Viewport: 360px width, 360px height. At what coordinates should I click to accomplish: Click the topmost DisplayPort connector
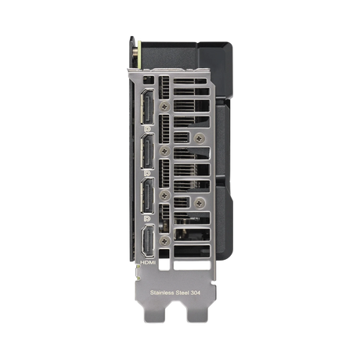tap(147, 106)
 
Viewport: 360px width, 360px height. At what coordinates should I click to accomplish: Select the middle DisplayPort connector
tap(147, 151)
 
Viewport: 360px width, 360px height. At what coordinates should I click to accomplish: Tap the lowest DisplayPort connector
tap(147, 196)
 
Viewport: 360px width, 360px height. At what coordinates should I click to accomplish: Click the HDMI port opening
tap(148, 240)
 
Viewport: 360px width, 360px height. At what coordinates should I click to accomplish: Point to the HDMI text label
tap(148, 262)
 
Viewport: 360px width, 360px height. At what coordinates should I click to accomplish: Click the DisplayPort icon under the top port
tap(147, 129)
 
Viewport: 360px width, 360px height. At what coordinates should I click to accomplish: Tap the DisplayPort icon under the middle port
tap(147, 173)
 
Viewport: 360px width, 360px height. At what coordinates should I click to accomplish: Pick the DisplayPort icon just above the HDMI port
tap(147, 218)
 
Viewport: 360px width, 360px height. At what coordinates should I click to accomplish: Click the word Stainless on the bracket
tap(162, 293)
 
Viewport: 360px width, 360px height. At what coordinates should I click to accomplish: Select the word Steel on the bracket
tap(182, 293)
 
